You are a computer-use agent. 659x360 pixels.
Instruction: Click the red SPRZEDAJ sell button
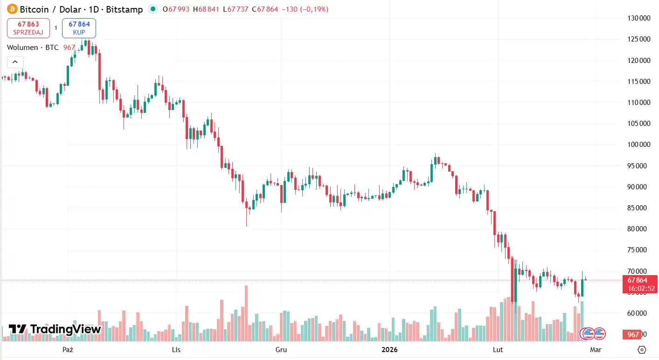28,28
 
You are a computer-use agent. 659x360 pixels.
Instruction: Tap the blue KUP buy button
79,28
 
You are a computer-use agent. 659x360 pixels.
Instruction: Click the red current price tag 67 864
637,280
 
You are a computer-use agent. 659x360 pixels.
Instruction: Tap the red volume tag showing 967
633,334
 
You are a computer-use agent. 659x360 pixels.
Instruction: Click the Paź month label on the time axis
68,349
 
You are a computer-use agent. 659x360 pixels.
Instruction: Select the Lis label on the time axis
176,349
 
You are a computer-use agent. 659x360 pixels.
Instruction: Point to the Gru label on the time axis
281,349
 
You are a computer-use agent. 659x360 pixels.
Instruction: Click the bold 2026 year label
389,349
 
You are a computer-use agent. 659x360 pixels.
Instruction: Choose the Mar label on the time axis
596,349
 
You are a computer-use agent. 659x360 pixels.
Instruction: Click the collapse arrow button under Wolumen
15,62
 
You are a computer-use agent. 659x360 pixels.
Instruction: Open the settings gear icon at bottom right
642,350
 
